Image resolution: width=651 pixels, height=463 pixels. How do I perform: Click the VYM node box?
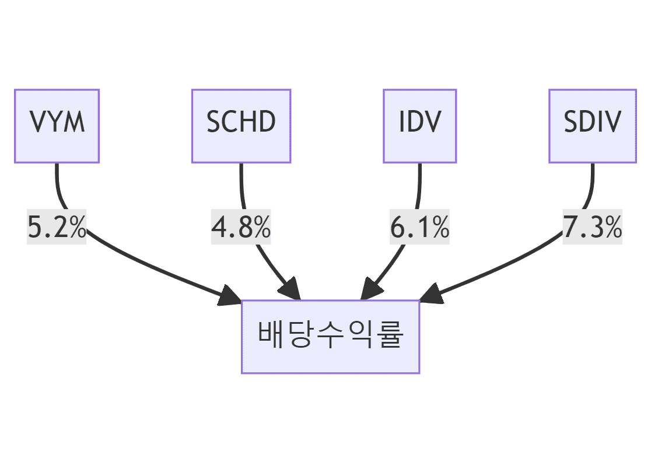pyautogui.click(x=57, y=126)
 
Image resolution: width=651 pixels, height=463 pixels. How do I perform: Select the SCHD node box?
pyautogui.click(x=241, y=126)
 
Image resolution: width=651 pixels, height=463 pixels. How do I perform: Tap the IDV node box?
pyautogui.click(x=419, y=126)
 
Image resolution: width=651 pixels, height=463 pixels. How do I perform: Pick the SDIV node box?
pyautogui.click(x=592, y=126)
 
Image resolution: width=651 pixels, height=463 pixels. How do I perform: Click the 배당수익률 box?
pyautogui.click(x=330, y=337)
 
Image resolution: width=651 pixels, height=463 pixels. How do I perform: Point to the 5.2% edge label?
pyautogui.click(x=57, y=228)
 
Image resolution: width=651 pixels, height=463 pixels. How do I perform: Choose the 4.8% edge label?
pyautogui.click(x=241, y=228)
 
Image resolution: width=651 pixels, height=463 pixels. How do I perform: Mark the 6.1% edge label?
pyautogui.click(x=419, y=228)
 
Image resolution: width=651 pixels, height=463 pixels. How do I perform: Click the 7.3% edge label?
pyautogui.click(x=592, y=228)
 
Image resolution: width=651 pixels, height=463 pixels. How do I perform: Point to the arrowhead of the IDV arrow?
pyautogui.click(x=370, y=289)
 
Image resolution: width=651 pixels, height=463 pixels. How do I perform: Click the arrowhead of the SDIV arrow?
pyautogui.click(x=431, y=295)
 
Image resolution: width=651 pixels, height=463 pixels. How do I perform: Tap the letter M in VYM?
pyautogui.click(x=75, y=122)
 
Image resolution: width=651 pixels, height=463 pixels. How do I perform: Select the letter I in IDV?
pyautogui.click(x=402, y=122)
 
